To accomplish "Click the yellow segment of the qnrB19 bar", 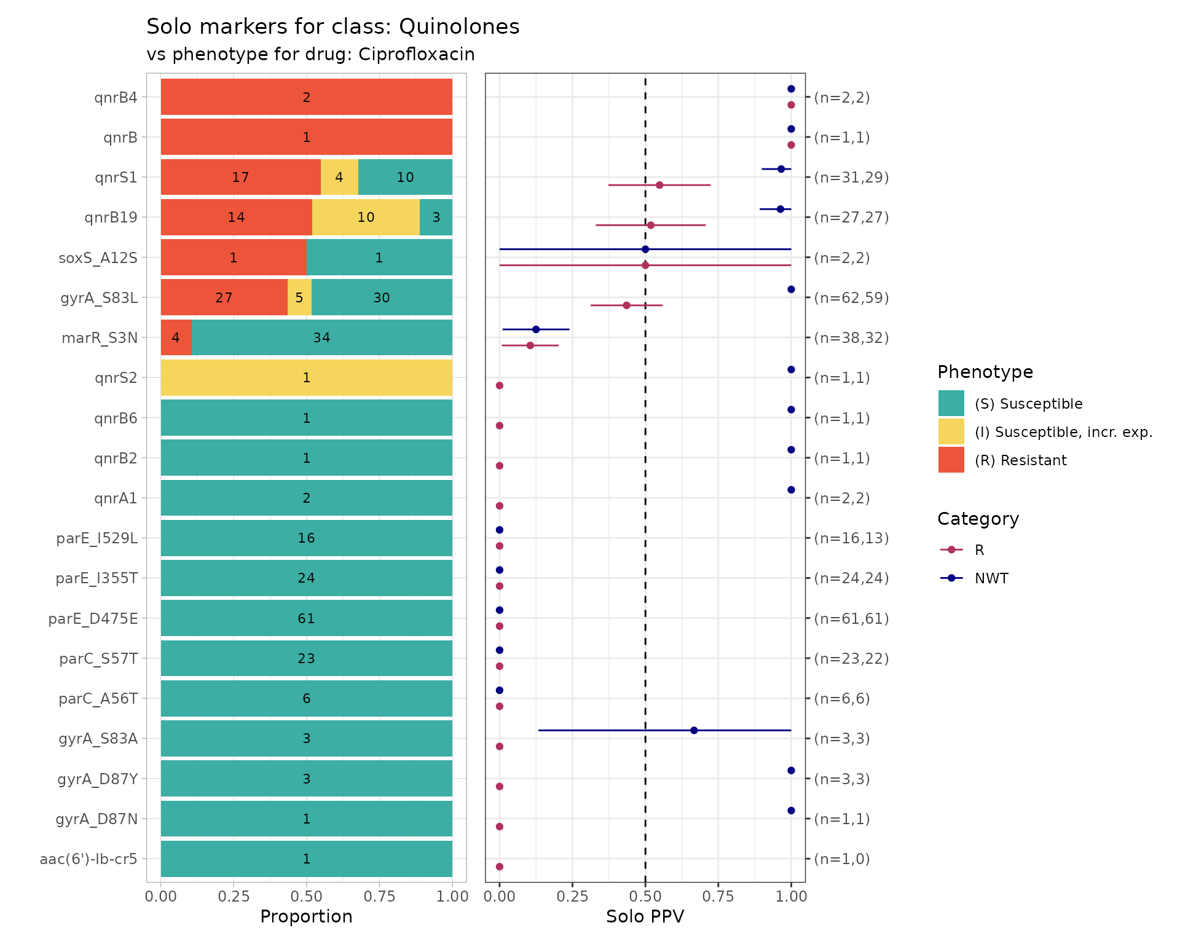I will click(x=366, y=217).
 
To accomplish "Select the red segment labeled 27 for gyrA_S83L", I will click(x=224, y=297).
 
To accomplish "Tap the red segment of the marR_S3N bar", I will click(x=176, y=337).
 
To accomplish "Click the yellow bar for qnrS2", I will click(x=306, y=377).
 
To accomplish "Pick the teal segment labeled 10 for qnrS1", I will click(x=405, y=177).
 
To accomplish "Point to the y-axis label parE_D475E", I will click(x=93, y=618).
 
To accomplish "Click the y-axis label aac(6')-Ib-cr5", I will click(x=88, y=859).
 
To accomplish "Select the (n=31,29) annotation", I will click(x=851, y=177).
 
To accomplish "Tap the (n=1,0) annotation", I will click(x=842, y=859).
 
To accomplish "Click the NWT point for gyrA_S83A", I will click(x=694, y=730).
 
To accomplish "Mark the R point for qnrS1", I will click(x=659, y=185).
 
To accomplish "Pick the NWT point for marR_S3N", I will click(x=536, y=329).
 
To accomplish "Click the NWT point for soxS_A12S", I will click(x=645, y=250).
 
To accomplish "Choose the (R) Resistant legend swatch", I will click(x=951, y=460).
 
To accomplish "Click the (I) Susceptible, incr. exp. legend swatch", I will click(x=951, y=431).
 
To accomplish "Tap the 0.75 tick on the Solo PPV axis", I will click(x=718, y=897).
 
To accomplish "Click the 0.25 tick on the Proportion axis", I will click(x=234, y=897).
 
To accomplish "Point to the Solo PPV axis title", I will click(x=645, y=916).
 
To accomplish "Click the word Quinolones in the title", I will click(x=458, y=27).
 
